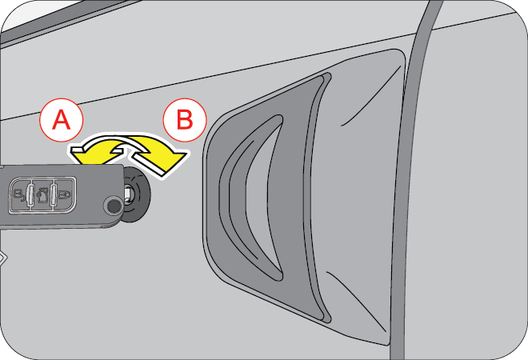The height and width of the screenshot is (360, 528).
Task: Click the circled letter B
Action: click(183, 121)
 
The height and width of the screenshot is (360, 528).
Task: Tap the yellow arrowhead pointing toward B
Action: click(174, 158)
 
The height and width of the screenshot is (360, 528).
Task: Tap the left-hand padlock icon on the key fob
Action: click(18, 193)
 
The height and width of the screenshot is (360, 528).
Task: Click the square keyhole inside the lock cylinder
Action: click(130, 192)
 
